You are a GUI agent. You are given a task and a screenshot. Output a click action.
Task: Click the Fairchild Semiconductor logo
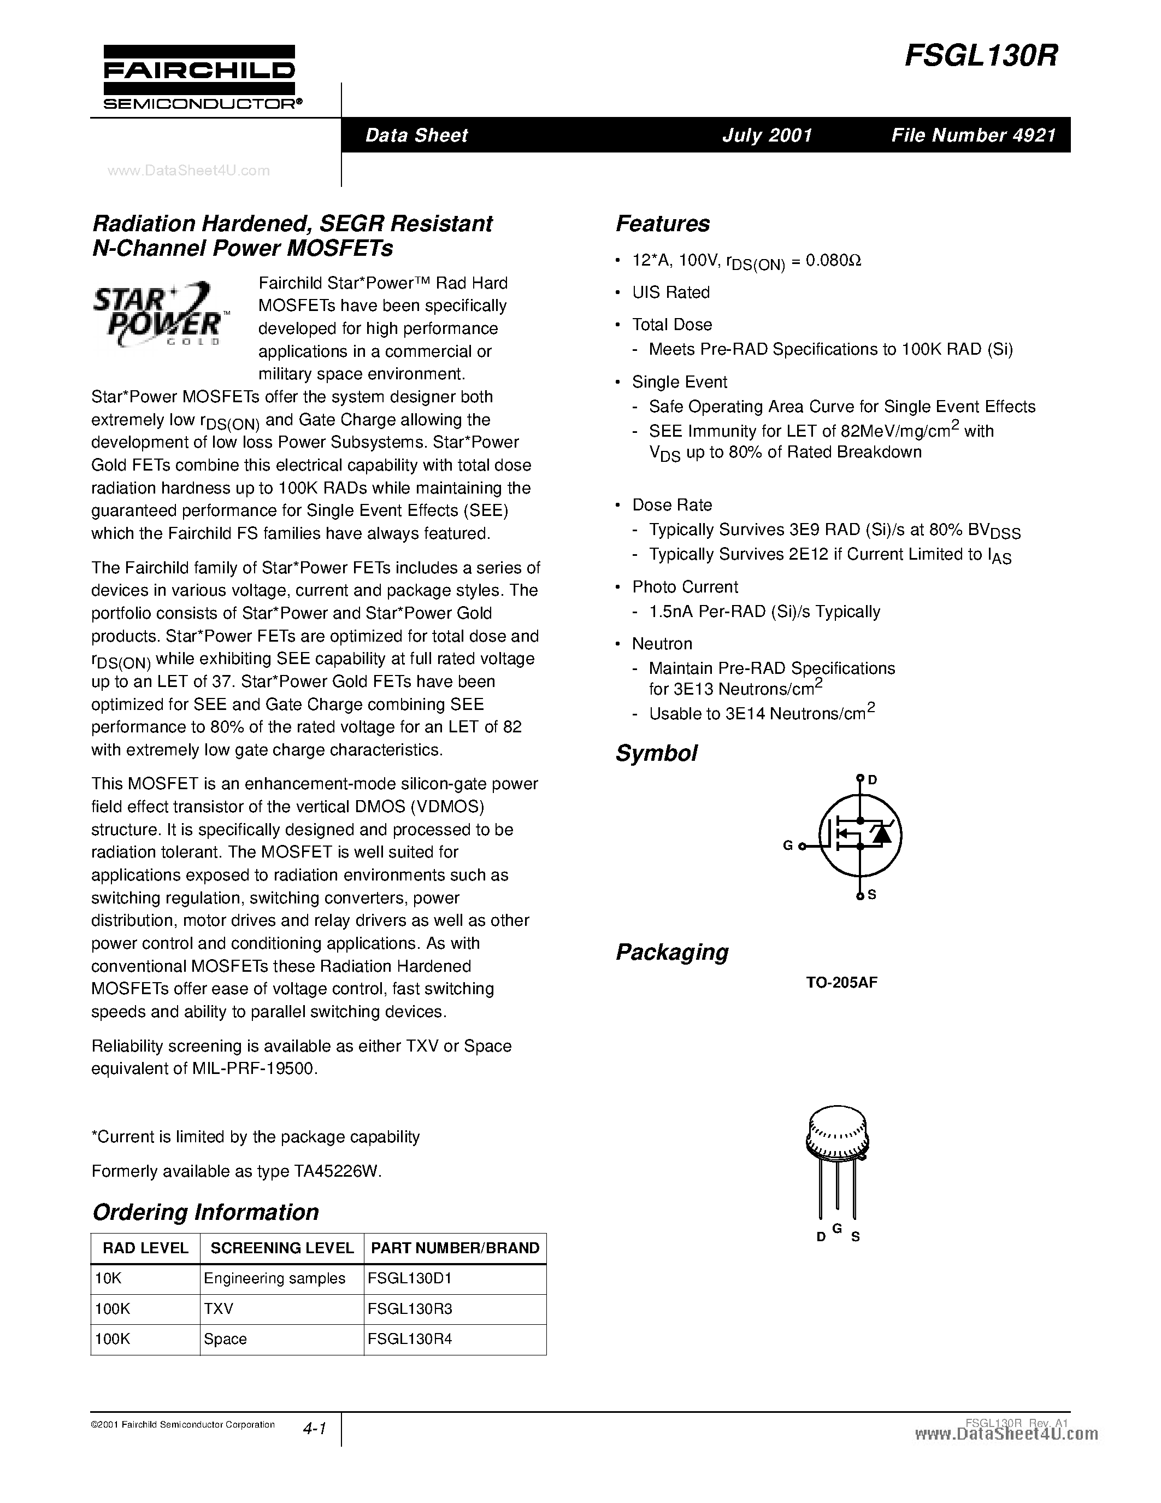(x=199, y=77)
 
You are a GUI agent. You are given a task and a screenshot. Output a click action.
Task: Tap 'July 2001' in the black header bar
(x=767, y=135)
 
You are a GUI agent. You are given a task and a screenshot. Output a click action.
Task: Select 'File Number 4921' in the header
(x=973, y=135)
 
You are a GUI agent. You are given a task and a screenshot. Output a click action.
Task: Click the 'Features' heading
(x=662, y=224)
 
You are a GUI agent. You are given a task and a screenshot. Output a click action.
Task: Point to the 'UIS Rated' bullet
(x=670, y=292)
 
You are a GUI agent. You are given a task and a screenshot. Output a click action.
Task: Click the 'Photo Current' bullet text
(x=685, y=587)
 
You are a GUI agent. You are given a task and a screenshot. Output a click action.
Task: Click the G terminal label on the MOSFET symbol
(x=788, y=846)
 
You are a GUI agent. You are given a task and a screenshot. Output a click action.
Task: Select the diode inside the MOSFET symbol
(x=881, y=834)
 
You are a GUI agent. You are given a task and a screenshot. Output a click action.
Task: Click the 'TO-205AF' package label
(x=841, y=983)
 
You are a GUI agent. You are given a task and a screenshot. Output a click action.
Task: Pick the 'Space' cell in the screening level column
(x=226, y=1339)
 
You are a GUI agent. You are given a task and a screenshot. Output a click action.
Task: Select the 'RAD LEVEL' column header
(x=145, y=1248)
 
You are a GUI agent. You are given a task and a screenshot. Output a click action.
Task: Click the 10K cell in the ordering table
(x=108, y=1279)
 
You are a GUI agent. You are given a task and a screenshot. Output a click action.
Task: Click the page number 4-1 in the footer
(x=314, y=1429)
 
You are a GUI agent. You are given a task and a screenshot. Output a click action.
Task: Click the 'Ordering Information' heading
(x=205, y=1212)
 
